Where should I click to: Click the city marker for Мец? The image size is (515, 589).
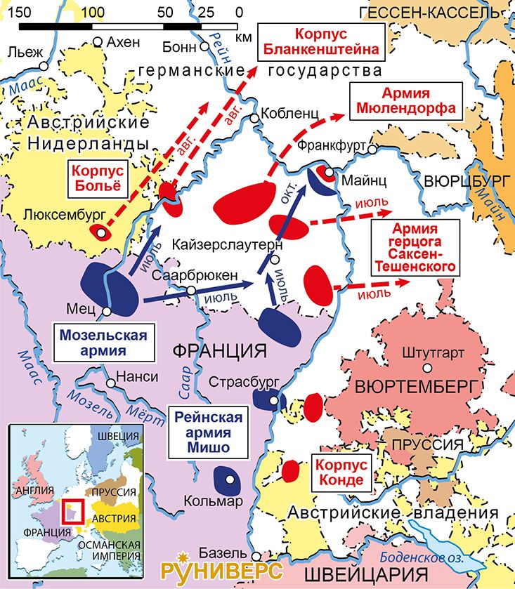105,310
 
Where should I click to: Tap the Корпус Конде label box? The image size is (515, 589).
340,472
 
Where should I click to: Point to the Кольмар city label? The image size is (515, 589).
212,501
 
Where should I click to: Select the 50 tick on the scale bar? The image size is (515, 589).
165,13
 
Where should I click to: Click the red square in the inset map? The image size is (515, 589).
73,511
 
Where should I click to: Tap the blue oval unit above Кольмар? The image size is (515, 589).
228,479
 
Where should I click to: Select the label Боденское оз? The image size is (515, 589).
420,557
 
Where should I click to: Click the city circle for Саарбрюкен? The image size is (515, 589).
190,291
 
